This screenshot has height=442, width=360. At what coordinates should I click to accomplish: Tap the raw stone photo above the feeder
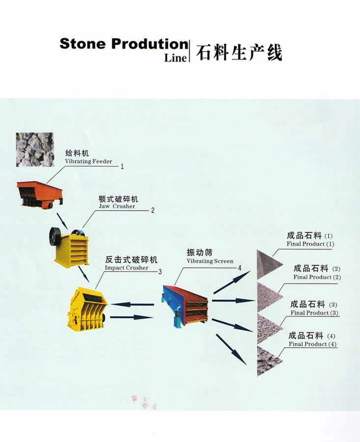35,149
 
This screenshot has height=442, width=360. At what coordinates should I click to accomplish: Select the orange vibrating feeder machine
39,193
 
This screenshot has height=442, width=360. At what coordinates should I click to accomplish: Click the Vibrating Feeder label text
88,162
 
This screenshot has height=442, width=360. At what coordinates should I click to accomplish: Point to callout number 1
122,166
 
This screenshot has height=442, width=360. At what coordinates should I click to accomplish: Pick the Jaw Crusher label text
117,206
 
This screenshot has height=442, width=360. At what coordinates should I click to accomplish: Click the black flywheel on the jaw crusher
55,236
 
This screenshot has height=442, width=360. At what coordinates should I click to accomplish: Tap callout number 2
153,211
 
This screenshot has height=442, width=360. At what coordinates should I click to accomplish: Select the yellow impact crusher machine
87,308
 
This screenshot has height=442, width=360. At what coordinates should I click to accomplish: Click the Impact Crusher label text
126,268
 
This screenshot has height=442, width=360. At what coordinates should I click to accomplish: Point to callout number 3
160,271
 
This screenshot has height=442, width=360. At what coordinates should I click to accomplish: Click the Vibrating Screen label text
210,261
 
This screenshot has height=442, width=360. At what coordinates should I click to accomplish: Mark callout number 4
240,268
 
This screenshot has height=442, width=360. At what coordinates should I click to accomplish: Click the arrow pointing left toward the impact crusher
132,304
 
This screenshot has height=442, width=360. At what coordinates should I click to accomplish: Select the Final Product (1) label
310,244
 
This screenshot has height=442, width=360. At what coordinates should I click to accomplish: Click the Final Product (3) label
314,313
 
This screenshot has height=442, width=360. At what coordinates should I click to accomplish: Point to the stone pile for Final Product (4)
268,361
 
